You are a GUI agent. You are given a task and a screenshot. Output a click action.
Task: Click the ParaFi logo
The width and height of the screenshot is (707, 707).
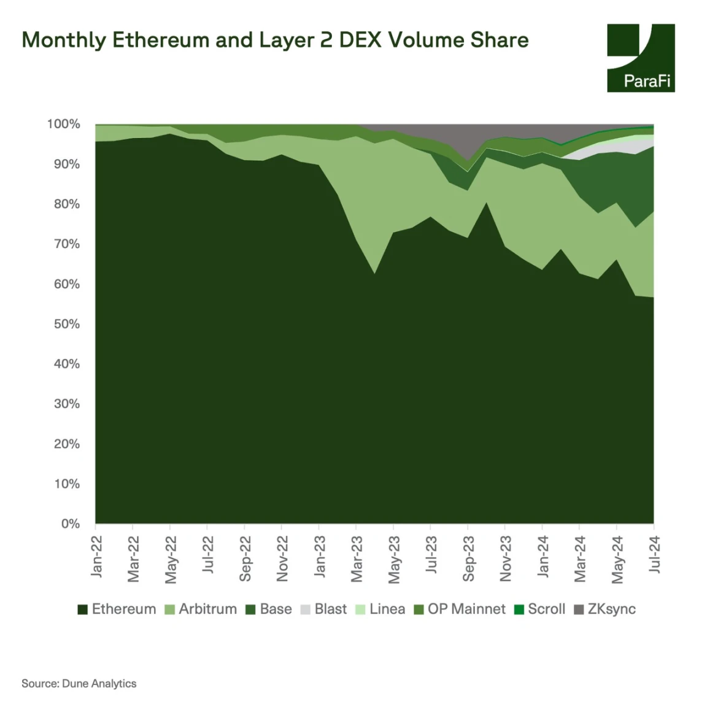[x=641, y=58]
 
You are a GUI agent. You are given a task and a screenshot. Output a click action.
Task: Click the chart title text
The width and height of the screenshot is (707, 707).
[x=275, y=40]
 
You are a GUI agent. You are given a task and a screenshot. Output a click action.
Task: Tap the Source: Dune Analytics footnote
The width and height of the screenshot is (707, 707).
[x=79, y=683]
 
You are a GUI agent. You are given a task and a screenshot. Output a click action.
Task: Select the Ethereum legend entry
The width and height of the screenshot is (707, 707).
[x=117, y=609]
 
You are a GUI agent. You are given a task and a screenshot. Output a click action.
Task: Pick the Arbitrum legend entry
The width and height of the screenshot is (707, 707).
[x=201, y=609]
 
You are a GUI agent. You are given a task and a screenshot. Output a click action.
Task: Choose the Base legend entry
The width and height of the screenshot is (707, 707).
[x=269, y=609]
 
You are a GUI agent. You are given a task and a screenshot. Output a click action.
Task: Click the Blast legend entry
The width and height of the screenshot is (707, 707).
[x=324, y=609]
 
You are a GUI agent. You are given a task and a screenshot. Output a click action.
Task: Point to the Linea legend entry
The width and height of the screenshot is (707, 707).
[x=381, y=609]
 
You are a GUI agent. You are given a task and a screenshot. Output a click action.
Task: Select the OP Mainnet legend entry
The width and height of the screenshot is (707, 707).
[x=460, y=609]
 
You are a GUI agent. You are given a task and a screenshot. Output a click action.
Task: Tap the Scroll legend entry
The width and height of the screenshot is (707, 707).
[x=540, y=609]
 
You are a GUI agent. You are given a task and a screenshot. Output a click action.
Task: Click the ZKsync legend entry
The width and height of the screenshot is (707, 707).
[x=605, y=609]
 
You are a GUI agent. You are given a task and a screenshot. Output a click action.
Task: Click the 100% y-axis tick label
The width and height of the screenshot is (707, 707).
[x=64, y=124]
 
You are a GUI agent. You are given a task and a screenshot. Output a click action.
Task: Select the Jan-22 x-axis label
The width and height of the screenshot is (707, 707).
[x=96, y=556]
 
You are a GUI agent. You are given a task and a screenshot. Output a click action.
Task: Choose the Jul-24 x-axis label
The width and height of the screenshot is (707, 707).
[x=654, y=554]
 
